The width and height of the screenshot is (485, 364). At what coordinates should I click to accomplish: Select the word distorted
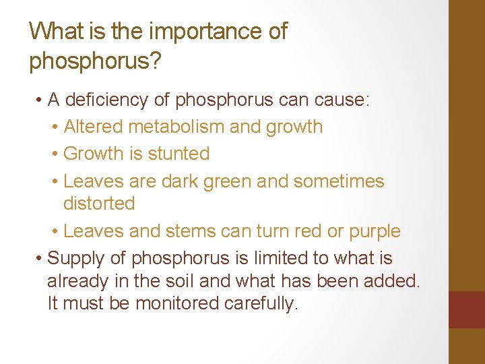point(99,203)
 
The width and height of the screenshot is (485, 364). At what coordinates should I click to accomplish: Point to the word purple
point(375,231)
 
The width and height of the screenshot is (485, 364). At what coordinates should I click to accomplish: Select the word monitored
point(178,303)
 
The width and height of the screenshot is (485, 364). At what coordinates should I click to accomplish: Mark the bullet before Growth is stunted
point(55,154)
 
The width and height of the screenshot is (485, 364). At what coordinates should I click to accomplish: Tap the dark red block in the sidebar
point(466,309)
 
